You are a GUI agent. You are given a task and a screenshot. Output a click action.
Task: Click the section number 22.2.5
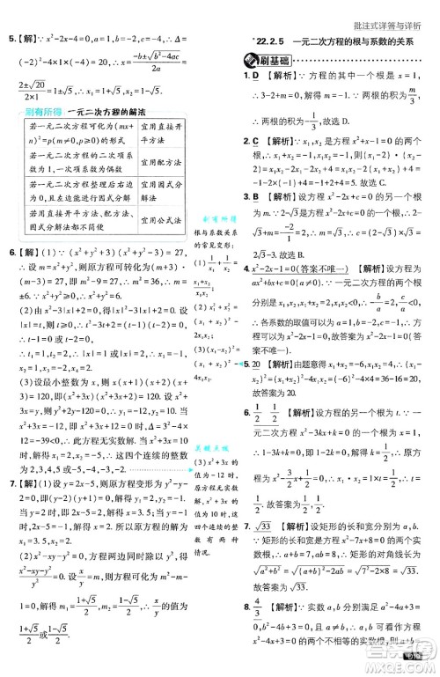coord(272,40)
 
